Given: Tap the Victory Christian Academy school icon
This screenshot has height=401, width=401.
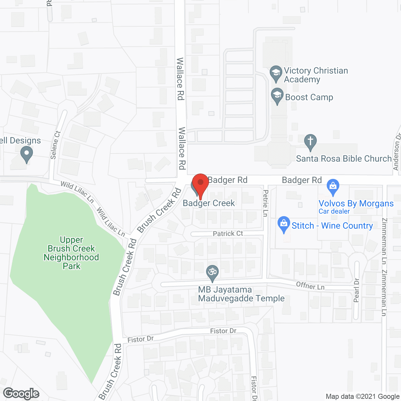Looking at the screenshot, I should pos(276,73).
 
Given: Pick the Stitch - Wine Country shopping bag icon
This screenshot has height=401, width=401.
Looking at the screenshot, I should pos(284,224).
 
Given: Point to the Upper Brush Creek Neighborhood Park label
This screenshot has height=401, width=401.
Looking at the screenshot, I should pos(71,253).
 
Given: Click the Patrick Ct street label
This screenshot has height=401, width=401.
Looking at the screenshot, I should pos(228,234).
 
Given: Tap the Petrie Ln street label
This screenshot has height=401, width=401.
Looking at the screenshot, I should pos(266,203).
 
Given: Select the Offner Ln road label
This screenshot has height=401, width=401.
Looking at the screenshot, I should pos(310,286).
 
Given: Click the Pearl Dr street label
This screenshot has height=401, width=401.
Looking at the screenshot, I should pos(357,290).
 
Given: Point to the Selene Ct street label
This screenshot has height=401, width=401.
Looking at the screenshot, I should pos(55,145).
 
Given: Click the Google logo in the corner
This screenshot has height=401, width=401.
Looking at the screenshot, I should pos(21,393).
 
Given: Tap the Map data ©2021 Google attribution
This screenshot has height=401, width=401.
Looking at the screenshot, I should pos(362,397).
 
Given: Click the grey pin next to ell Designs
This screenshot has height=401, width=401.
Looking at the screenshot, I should pos(26,154).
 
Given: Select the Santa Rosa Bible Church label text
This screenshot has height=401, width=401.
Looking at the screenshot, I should pos(344,159).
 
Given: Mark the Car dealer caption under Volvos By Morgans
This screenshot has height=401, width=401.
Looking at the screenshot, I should pos(334,211).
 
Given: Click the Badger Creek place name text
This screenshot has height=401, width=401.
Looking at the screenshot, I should pos(209,203).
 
